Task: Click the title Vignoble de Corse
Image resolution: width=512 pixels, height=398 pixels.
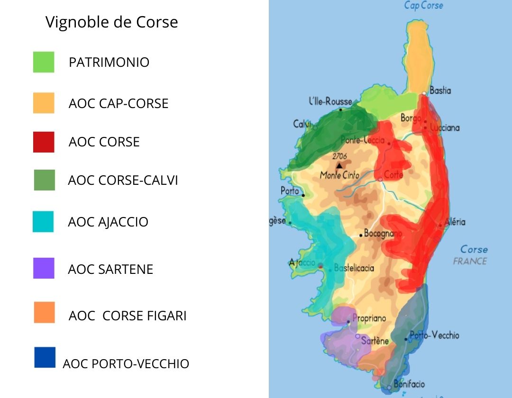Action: click(111, 22)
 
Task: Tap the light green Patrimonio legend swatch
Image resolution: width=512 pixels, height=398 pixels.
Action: click(44, 62)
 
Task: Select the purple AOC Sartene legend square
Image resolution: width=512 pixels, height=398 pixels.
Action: click(44, 268)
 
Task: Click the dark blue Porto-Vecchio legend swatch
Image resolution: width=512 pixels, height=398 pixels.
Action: click(45, 357)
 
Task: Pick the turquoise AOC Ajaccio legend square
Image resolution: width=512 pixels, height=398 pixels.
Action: click(44, 221)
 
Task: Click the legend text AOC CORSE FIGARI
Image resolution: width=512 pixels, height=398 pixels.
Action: click(128, 316)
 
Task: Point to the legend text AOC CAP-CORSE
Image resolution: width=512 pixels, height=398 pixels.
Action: click(119, 103)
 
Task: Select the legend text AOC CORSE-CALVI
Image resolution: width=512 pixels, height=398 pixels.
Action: click(123, 181)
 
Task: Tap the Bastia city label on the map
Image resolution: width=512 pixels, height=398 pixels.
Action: click(440, 90)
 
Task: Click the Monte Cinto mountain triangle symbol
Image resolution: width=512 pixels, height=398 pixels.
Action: click(339, 165)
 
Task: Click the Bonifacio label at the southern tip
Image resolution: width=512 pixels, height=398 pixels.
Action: click(409, 384)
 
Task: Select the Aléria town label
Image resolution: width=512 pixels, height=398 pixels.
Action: click(455, 222)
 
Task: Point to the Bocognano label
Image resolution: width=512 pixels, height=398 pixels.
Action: click(383, 233)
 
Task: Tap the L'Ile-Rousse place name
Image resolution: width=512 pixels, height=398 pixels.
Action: click(330, 101)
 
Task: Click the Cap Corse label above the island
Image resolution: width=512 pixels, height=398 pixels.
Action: click(423, 6)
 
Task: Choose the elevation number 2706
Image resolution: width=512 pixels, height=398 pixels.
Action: click(339, 156)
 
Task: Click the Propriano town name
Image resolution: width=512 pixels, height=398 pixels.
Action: click(369, 318)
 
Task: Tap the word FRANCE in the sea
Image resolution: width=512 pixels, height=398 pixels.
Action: click(470, 261)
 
